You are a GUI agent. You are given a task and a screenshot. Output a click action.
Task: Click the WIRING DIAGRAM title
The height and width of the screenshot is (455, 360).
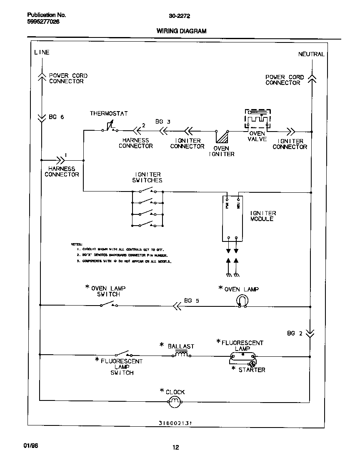[x=181, y=31]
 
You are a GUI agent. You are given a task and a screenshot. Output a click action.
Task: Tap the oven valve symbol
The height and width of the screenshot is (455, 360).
[x=257, y=119]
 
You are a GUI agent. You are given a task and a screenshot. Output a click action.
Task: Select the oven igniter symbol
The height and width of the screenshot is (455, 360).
[x=222, y=137]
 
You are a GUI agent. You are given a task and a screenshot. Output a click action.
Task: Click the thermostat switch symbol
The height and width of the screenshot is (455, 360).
[x=109, y=127]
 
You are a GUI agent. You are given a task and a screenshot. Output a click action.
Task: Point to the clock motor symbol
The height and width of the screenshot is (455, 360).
[x=174, y=402]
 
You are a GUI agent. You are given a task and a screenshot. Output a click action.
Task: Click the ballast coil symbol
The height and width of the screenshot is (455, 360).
[x=181, y=355]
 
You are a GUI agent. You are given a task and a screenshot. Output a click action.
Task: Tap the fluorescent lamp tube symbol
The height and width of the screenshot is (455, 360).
[x=242, y=356]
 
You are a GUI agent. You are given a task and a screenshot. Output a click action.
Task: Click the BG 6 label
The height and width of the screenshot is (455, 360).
[x=56, y=117]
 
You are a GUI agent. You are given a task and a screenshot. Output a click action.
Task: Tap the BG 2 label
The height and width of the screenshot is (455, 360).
[x=294, y=333]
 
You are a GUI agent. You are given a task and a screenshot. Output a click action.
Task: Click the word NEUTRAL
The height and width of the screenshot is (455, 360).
[x=311, y=54]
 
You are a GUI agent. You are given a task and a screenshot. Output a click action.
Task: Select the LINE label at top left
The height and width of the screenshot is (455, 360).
[x=42, y=52]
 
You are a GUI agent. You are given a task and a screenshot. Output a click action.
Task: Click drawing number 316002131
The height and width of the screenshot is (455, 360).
[x=177, y=423]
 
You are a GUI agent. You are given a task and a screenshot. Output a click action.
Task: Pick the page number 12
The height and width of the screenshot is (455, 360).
[x=176, y=448]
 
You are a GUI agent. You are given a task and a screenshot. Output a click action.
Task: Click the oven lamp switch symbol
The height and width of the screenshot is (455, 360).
[x=109, y=304]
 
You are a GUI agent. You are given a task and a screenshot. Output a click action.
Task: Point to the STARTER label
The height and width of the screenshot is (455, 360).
[x=252, y=370]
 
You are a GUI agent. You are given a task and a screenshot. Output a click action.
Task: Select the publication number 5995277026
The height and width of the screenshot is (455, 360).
[x=40, y=22]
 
